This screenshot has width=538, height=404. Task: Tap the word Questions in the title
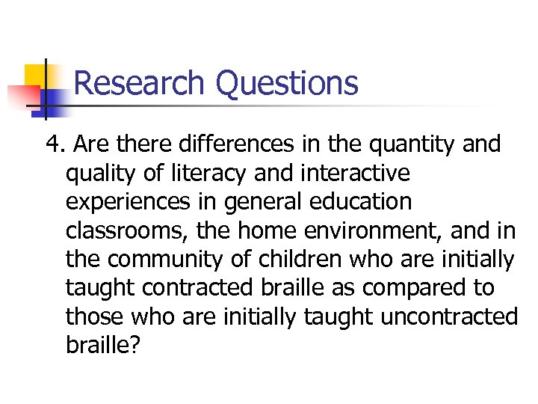tap(288, 84)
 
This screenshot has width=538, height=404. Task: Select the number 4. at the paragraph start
tap(55, 144)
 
